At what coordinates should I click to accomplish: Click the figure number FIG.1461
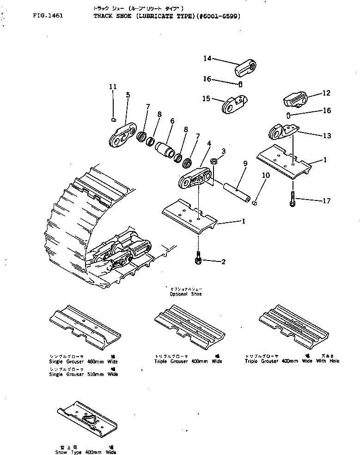click(48, 15)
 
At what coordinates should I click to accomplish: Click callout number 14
click(207, 58)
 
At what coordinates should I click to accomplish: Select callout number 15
click(206, 98)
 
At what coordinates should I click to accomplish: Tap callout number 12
click(326, 93)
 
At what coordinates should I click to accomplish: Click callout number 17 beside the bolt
click(326, 200)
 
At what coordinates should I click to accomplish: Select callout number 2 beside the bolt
click(223, 262)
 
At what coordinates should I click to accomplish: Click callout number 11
click(113, 86)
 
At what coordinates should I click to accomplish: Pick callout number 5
click(128, 95)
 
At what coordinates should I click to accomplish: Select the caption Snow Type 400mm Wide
click(84, 450)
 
